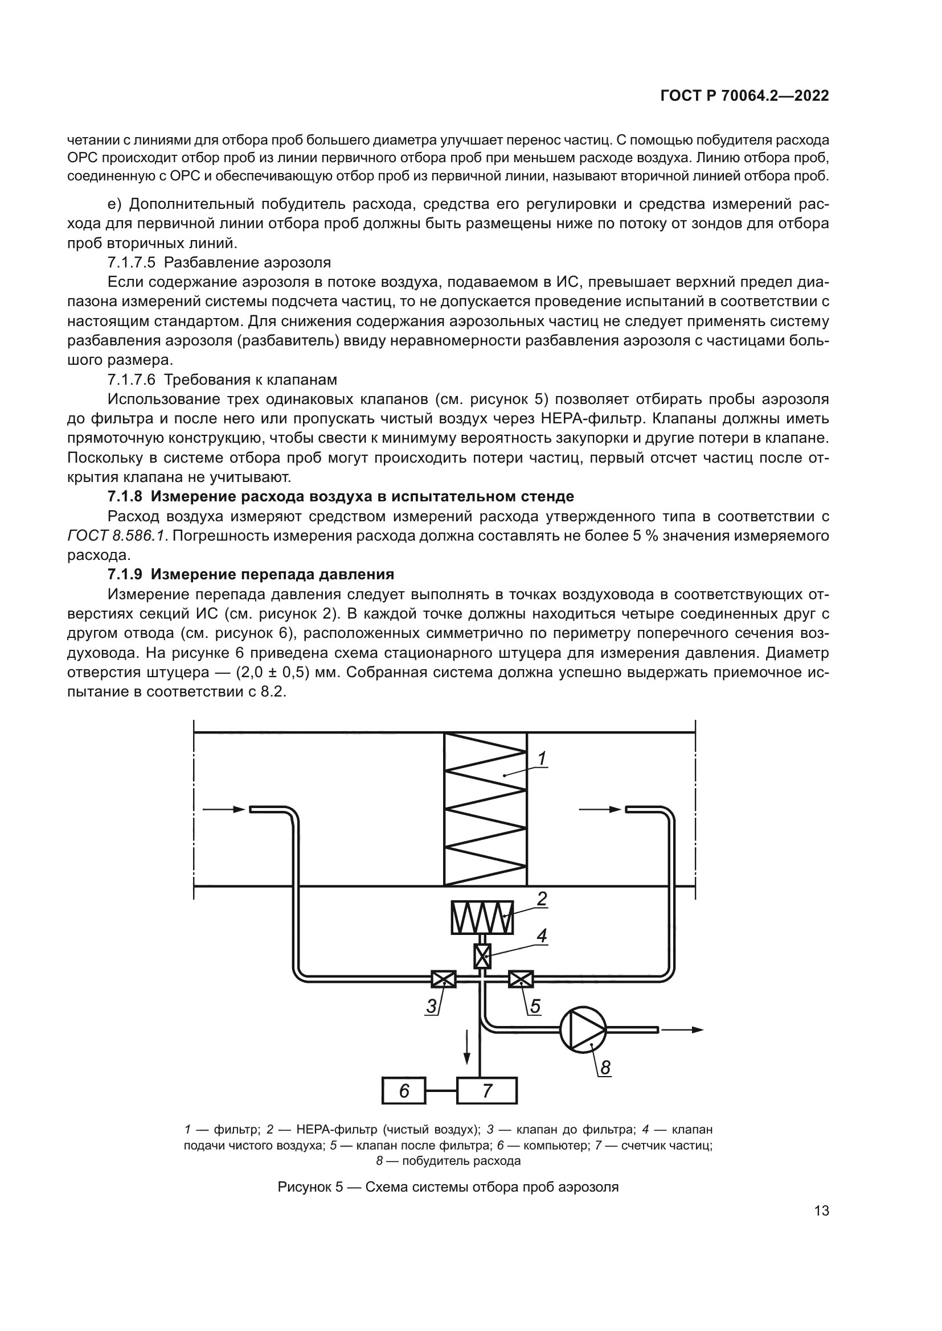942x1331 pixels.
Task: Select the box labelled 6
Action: pos(404,1091)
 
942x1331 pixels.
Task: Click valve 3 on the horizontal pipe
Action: pos(444,979)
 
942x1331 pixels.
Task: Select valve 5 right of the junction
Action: pos(521,979)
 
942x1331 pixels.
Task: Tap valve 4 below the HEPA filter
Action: pos(482,956)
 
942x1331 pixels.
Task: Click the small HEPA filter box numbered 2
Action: pos(482,917)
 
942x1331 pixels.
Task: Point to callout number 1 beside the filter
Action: pos(542,759)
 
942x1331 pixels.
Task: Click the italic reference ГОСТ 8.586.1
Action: pos(117,535)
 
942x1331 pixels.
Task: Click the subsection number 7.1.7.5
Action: pos(132,262)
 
